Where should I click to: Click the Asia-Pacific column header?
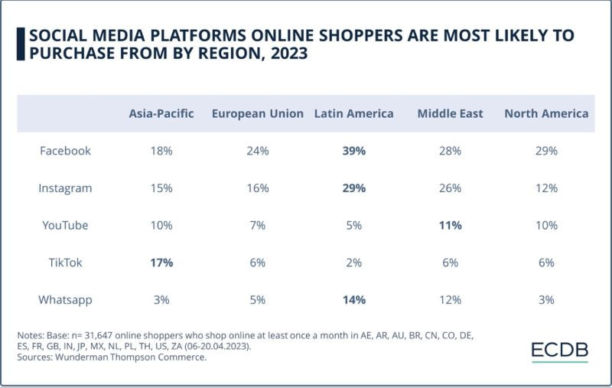(x=161, y=113)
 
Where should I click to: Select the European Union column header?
(x=258, y=113)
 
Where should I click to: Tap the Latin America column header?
(x=353, y=113)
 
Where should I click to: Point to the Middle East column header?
(x=450, y=113)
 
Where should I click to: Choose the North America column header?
(x=546, y=113)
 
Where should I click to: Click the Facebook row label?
(x=65, y=151)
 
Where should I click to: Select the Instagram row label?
(x=65, y=187)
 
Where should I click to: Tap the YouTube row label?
(x=65, y=225)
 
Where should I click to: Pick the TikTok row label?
(x=65, y=262)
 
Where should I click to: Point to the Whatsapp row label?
(x=65, y=299)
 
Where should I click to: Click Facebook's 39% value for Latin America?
(x=354, y=151)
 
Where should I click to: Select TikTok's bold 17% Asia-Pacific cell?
(x=161, y=262)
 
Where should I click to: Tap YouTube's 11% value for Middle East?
(x=450, y=225)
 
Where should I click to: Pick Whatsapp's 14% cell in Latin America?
(x=354, y=299)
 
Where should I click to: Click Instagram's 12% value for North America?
(x=546, y=187)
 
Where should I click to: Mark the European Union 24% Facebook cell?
(x=258, y=151)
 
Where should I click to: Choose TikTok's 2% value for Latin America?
(x=354, y=262)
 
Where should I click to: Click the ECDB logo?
(x=560, y=351)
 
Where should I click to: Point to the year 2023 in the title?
(x=287, y=54)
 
